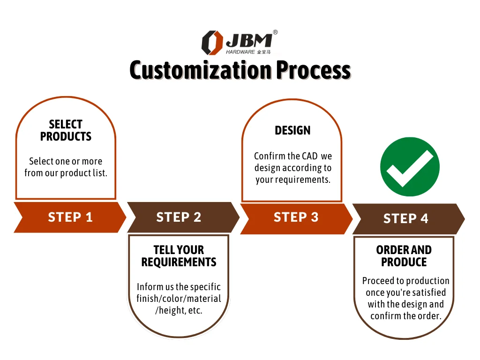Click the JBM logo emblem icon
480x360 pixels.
click(212, 43)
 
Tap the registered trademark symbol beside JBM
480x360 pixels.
click(275, 32)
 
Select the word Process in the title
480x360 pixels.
click(313, 70)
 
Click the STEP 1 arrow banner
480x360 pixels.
click(70, 217)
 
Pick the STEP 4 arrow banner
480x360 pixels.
click(406, 218)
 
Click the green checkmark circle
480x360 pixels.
click(410, 167)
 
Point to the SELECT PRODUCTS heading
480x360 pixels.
click(66, 130)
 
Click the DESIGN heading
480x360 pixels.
click(292, 130)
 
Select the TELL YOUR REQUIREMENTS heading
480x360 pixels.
click(179, 256)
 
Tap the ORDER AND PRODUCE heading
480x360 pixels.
click(404, 256)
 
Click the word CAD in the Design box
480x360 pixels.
click(308, 156)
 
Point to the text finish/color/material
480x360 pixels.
click(179, 299)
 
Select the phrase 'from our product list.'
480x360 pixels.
click(66, 173)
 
